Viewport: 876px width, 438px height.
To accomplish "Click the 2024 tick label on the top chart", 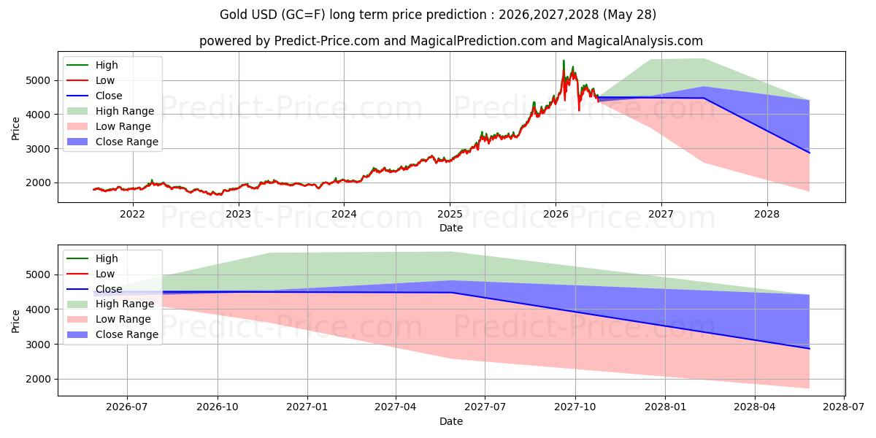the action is pos(344,215).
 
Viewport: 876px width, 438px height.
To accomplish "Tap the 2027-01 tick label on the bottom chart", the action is pos(307,407).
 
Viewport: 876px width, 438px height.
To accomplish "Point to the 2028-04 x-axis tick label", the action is pos(754,407).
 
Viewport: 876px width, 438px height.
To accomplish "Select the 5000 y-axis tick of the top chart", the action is pos(38,80).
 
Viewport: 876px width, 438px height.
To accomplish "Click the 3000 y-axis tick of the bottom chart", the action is pos(38,345).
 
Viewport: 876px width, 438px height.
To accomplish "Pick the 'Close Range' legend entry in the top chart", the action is pos(112,142).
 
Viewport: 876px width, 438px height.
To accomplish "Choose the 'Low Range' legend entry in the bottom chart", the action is pos(109,319).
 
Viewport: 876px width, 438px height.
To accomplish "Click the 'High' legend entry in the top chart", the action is pos(92,65).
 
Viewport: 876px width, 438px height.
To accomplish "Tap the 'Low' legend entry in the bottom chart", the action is pos(91,274).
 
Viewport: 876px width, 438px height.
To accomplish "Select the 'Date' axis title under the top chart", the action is pos(451,228).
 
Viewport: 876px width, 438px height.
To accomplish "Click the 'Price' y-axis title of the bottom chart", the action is pos(15,321).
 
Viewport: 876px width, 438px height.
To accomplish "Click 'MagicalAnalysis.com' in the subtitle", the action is pos(639,41).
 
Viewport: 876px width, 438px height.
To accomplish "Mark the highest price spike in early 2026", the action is pos(564,61).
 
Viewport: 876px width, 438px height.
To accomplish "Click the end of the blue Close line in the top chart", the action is pos(809,153).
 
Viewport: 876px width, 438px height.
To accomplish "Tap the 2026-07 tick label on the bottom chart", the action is pos(127,407).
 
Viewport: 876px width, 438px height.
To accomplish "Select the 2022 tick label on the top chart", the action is pos(133,215).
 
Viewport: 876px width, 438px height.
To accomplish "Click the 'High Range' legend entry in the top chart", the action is pos(110,111).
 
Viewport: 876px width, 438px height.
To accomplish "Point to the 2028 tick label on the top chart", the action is pos(767,215).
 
